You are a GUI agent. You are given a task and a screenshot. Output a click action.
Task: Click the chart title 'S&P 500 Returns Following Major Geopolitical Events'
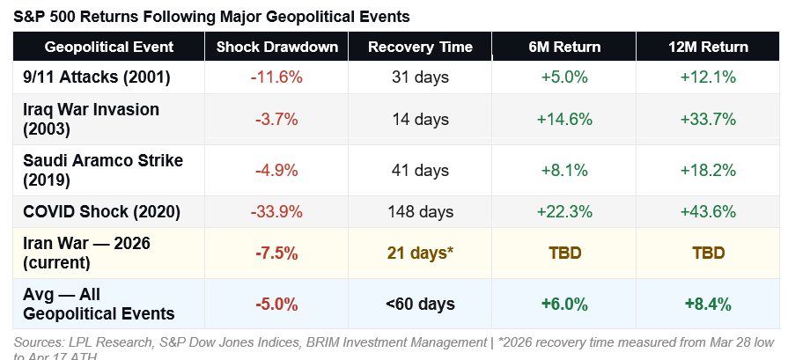pyautogui.click(x=212, y=17)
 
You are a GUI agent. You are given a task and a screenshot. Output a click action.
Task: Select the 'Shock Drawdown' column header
pyautogui.click(x=276, y=47)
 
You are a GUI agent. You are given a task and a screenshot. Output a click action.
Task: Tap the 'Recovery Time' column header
pyautogui.click(x=420, y=47)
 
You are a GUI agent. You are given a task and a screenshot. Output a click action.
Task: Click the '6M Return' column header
pyautogui.click(x=563, y=47)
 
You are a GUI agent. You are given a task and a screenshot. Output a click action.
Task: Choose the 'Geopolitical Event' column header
pyautogui.click(x=109, y=47)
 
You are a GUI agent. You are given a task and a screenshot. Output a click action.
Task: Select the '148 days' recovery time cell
pyautogui.click(x=420, y=211)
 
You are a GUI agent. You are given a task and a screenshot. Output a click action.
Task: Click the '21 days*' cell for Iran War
pyautogui.click(x=420, y=253)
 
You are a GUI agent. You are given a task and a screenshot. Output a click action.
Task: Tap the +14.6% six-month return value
pyautogui.click(x=563, y=119)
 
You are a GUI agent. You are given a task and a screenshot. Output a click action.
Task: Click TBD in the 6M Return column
pyautogui.click(x=563, y=253)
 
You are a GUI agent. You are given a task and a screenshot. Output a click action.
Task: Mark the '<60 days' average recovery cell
pyautogui.click(x=420, y=304)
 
